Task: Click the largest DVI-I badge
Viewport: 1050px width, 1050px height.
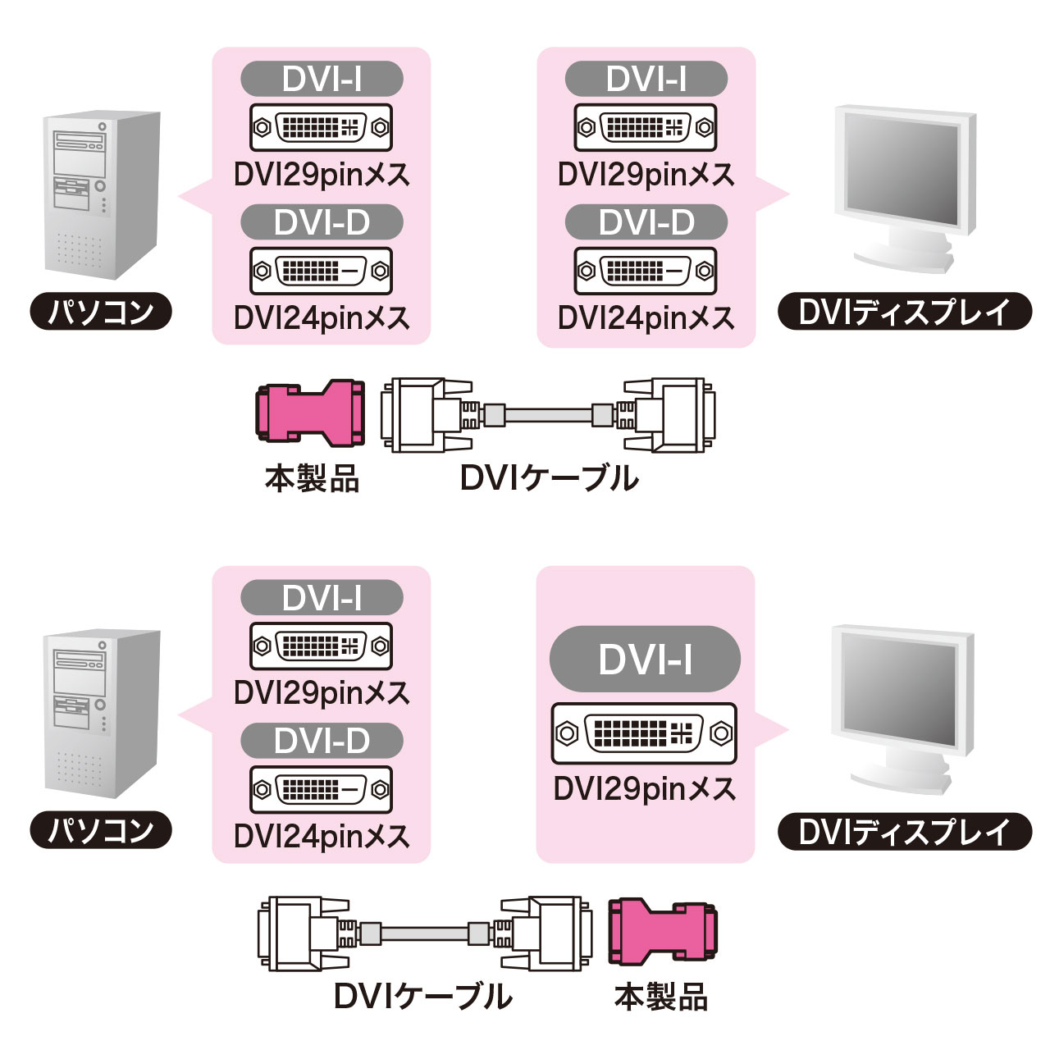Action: (645, 660)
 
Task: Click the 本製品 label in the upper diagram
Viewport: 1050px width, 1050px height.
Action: (312, 478)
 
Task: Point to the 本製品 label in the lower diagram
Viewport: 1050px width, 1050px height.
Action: (661, 997)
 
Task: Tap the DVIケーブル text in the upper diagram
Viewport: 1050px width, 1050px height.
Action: (549, 478)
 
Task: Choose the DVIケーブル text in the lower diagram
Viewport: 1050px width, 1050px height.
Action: (423, 997)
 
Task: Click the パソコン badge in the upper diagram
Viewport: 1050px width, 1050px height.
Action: (101, 313)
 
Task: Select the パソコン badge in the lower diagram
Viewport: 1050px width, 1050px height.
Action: (101, 831)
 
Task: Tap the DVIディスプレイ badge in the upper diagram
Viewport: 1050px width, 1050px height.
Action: (904, 313)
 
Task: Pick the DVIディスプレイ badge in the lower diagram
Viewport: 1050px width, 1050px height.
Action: (904, 831)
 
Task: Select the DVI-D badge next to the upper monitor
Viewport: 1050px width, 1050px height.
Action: (646, 222)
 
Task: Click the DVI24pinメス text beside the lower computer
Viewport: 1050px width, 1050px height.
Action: (322, 836)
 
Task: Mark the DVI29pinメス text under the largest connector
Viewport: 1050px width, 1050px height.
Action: (645, 789)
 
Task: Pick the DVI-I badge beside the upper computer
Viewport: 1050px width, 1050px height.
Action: (322, 80)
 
